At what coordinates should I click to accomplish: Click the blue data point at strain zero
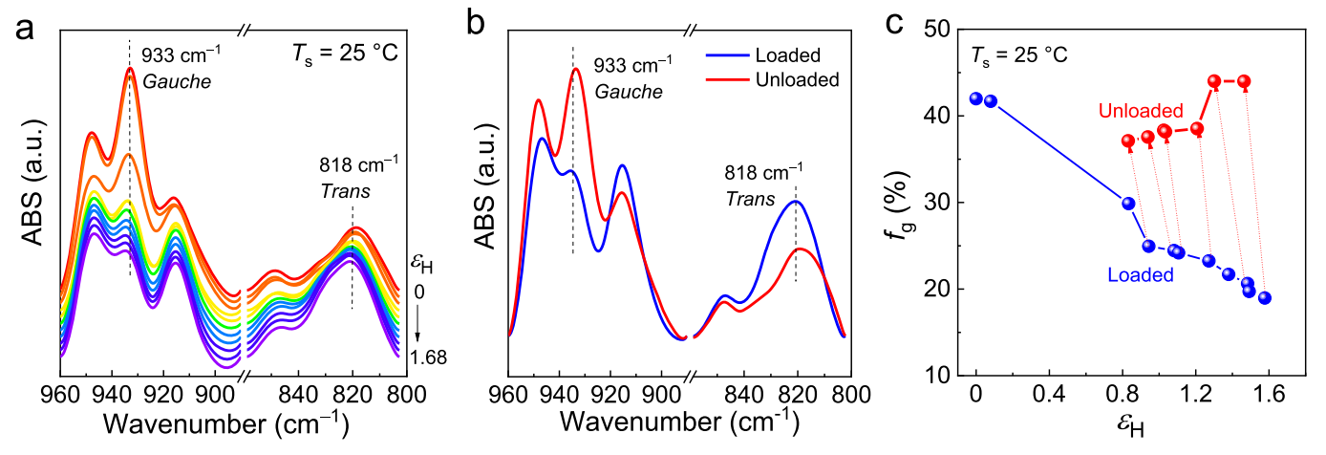pyautogui.click(x=975, y=98)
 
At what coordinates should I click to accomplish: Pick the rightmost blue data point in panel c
pyautogui.click(x=1264, y=297)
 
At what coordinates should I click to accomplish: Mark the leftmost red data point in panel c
pyautogui.click(x=1128, y=141)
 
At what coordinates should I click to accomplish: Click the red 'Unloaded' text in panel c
pyautogui.click(x=1141, y=111)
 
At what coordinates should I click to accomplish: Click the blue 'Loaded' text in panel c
pyautogui.click(x=1140, y=275)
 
